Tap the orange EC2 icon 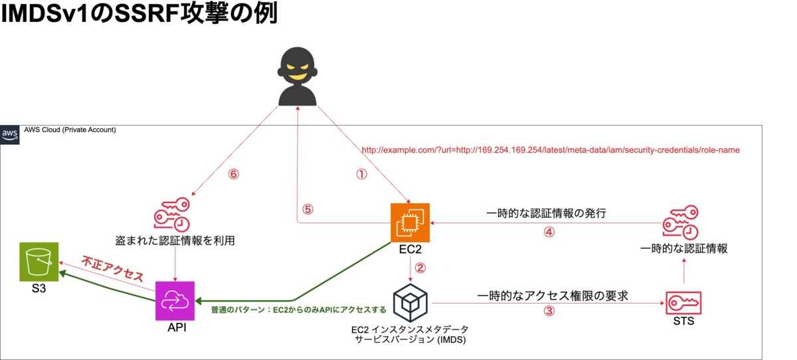(x=410, y=224)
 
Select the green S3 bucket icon (x=39, y=262)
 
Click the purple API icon (x=175, y=301)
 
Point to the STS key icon (x=683, y=302)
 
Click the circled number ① (x=361, y=175)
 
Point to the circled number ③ (x=549, y=310)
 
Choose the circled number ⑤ (x=308, y=209)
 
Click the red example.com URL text (x=550, y=150)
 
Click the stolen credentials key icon (x=172, y=214)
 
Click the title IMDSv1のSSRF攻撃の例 (x=138, y=15)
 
